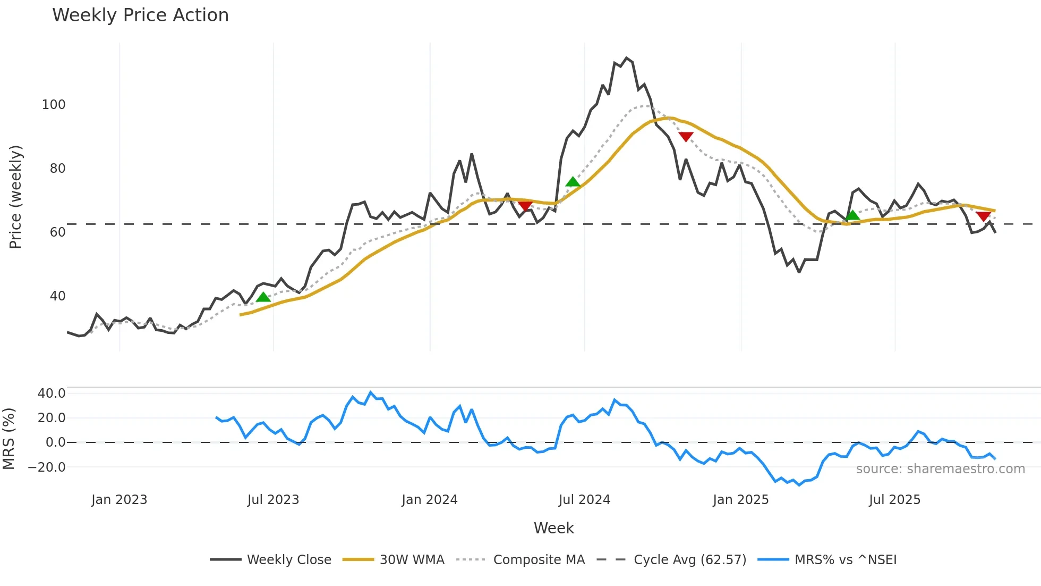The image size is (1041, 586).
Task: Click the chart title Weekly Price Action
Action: pyautogui.click(x=140, y=15)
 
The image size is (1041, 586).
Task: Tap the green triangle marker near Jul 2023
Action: pyautogui.click(x=263, y=297)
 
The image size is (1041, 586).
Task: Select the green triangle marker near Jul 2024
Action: pyautogui.click(x=573, y=182)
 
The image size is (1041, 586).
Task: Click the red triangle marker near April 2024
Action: pyautogui.click(x=525, y=206)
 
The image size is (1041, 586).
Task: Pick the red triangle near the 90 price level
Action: pyautogui.click(x=686, y=137)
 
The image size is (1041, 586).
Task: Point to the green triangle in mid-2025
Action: pyautogui.click(x=852, y=215)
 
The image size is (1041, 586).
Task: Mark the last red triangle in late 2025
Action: pyautogui.click(x=983, y=216)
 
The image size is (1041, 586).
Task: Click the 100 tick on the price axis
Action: pyautogui.click(x=54, y=105)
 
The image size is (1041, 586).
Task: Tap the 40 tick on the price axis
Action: pyautogui.click(x=57, y=296)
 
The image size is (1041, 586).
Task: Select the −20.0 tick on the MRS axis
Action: pyautogui.click(x=47, y=467)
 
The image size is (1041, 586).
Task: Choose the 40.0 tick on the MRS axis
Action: pyautogui.click(x=52, y=394)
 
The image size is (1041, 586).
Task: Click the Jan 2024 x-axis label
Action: pyautogui.click(x=429, y=500)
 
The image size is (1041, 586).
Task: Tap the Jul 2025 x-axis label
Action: pyautogui.click(x=894, y=500)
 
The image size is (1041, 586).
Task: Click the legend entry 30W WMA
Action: pyautogui.click(x=412, y=560)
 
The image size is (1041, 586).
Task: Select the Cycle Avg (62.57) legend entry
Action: pyautogui.click(x=689, y=560)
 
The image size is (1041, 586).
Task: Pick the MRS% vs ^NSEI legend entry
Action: pyautogui.click(x=845, y=560)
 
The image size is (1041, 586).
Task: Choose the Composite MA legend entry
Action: pyautogui.click(x=539, y=560)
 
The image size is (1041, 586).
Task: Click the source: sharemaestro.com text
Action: pyautogui.click(x=940, y=469)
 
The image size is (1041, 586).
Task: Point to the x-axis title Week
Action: pyautogui.click(x=553, y=528)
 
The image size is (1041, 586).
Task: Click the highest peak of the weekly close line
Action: pyautogui.click(x=627, y=58)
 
